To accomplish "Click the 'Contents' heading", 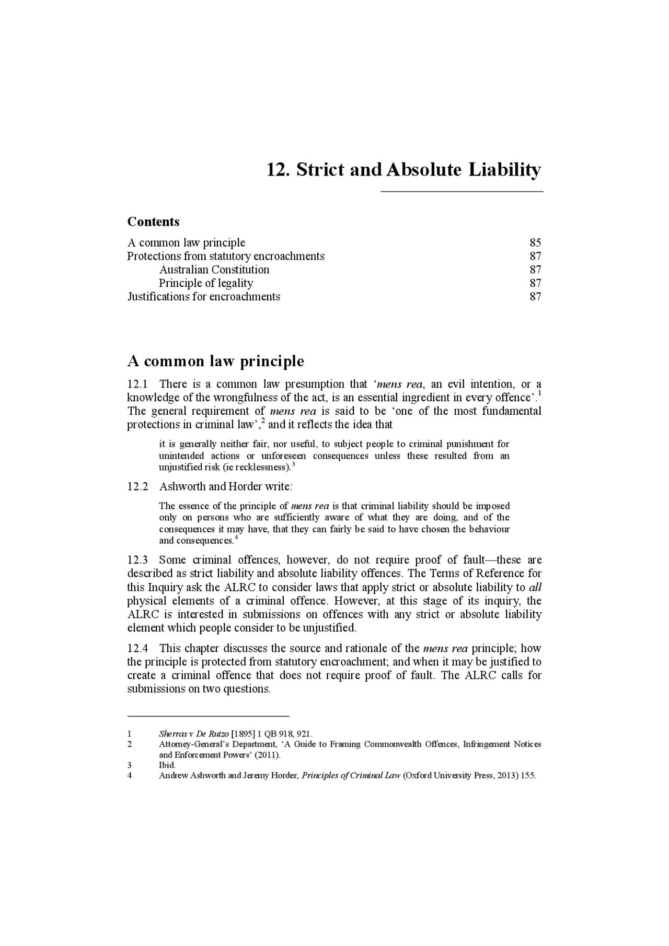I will [x=153, y=221].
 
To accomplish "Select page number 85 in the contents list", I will [x=535, y=242].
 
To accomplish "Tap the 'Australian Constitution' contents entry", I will [x=214, y=270].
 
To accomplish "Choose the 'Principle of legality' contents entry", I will [x=206, y=283].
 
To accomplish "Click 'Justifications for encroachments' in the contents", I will [x=204, y=297].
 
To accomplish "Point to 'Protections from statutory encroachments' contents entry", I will [x=226, y=256].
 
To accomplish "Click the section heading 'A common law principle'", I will [x=215, y=361].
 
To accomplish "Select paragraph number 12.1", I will [x=136, y=384].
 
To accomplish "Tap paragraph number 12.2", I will [x=137, y=486].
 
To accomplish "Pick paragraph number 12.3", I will [x=137, y=560].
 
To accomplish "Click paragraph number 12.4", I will [x=137, y=648].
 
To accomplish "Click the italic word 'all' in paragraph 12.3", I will [x=535, y=587].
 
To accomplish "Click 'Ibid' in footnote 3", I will [x=167, y=765].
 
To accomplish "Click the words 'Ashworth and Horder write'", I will [x=225, y=486].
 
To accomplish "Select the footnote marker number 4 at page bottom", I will [x=130, y=776].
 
